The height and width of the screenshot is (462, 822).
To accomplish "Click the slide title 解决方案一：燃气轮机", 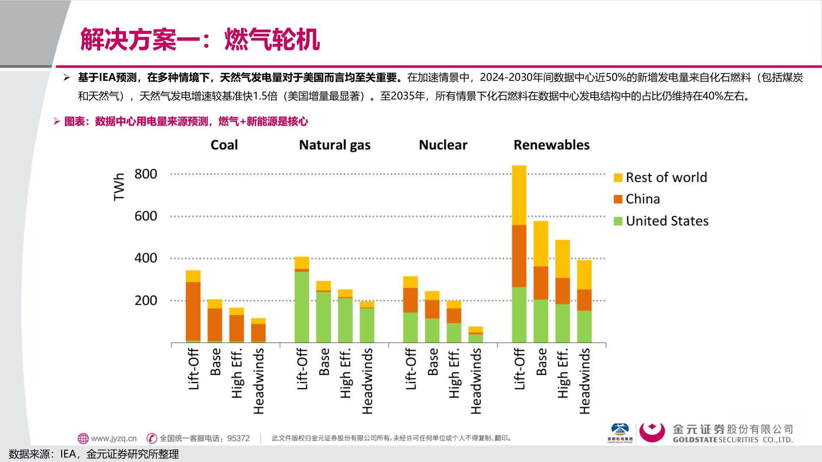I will (x=200, y=39).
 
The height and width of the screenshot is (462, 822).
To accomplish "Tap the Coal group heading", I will (x=224, y=145).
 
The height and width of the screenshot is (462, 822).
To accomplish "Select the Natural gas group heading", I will (x=334, y=145).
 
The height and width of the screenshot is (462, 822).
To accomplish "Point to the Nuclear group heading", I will (x=443, y=145).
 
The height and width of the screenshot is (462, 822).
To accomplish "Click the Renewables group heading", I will (x=551, y=145).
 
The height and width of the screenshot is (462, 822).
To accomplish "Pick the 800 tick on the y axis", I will (x=146, y=174).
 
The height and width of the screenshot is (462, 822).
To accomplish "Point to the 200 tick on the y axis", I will (x=146, y=300).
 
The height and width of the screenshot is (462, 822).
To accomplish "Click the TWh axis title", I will (x=119, y=187).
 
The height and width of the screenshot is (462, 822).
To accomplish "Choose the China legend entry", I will (x=642, y=199).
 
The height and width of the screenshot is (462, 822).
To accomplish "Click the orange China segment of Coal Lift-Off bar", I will (x=193, y=311).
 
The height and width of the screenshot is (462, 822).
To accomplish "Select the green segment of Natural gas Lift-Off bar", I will (x=302, y=307).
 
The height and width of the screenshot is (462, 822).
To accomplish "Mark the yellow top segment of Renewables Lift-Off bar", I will (x=519, y=195).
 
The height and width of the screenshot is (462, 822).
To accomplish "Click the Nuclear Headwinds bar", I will (x=476, y=335).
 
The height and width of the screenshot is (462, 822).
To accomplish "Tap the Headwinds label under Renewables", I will (x=584, y=381).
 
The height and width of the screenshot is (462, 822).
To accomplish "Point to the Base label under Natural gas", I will (x=324, y=361).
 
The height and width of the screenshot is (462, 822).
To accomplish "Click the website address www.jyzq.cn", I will (x=113, y=438).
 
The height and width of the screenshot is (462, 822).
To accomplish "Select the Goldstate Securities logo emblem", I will (x=652, y=433).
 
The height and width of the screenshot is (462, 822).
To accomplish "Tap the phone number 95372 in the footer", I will (x=238, y=438).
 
